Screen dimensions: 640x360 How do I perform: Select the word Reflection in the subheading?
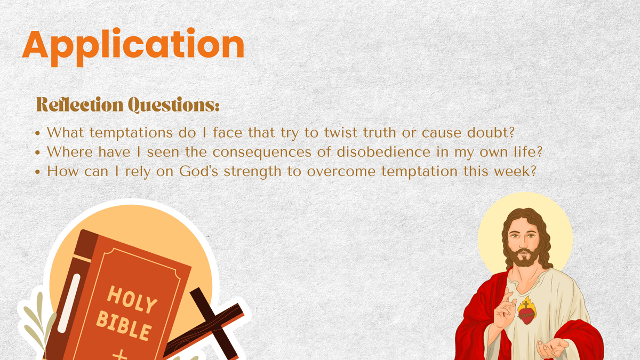click(79, 105)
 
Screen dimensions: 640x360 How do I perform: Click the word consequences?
click(262, 152)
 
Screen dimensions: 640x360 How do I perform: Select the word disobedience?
click(383, 151)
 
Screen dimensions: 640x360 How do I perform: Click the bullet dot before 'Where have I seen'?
click(37, 153)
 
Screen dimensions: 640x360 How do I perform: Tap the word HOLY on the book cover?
click(132, 299)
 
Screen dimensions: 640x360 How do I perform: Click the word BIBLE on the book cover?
click(124, 326)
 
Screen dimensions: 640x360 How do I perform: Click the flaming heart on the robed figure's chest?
click(526, 311)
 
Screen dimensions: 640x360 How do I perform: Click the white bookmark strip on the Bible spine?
click(69, 303)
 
